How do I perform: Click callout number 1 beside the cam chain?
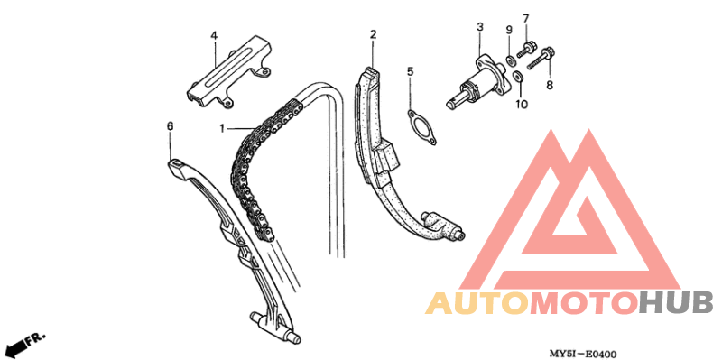222,128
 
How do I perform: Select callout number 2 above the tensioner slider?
373,34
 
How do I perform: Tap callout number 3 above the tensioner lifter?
480,27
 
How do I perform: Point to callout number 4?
214,35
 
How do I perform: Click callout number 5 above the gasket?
411,71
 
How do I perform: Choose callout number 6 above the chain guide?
170,125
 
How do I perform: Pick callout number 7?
526,18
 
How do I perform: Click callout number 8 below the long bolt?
550,85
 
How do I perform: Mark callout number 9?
509,31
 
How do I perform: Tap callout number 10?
522,105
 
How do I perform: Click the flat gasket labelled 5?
422,127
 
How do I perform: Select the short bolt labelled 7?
525,49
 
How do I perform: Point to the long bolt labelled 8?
541,58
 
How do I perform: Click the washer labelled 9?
510,60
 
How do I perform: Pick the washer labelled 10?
517,76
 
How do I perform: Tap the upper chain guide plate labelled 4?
229,72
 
